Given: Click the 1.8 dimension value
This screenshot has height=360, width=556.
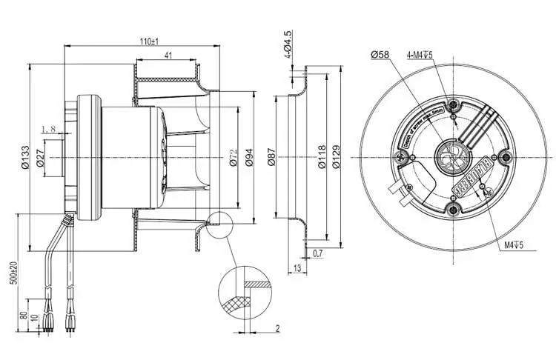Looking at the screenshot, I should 49,130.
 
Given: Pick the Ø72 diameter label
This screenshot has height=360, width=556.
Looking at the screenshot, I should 231,157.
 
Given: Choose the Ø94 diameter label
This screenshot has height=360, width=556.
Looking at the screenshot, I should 250,157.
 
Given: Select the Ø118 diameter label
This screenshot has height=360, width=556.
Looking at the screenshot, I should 322,157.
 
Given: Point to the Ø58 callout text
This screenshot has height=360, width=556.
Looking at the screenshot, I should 380,55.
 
